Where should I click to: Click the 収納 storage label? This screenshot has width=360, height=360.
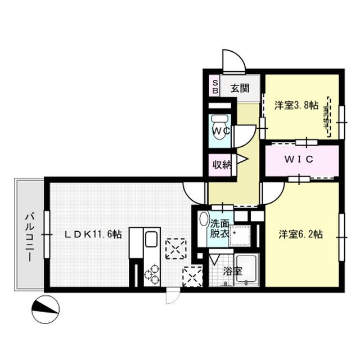coord(220,165)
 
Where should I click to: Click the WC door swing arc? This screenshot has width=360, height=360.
coord(244,133)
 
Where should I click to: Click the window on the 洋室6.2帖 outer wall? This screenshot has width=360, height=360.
coord(341,237)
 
